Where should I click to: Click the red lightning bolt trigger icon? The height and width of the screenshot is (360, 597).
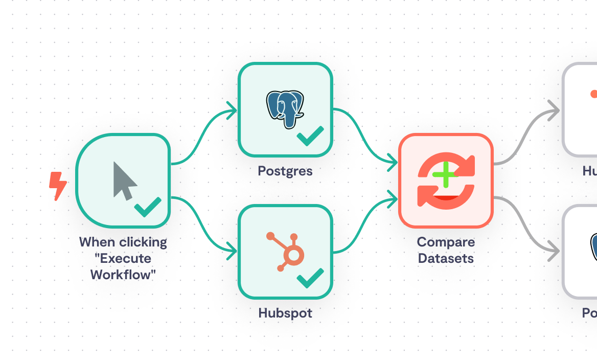58,186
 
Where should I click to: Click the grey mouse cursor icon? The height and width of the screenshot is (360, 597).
124,181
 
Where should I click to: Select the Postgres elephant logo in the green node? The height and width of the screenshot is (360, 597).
285,109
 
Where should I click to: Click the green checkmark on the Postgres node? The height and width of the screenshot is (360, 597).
310,136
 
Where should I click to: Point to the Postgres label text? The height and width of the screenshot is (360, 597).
285,171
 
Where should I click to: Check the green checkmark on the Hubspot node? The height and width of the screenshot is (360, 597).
310,278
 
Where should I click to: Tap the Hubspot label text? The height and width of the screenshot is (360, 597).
285,313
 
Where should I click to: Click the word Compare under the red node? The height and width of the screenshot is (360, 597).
446,242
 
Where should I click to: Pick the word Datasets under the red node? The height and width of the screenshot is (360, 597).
446,258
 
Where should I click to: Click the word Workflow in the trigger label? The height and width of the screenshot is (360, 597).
123,275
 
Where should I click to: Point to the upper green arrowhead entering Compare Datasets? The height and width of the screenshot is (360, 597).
393,163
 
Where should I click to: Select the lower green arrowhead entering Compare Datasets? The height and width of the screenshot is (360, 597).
393,198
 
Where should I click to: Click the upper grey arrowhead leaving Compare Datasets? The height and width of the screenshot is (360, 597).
554,110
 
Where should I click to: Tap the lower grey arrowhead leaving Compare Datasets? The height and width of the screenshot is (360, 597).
554,252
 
